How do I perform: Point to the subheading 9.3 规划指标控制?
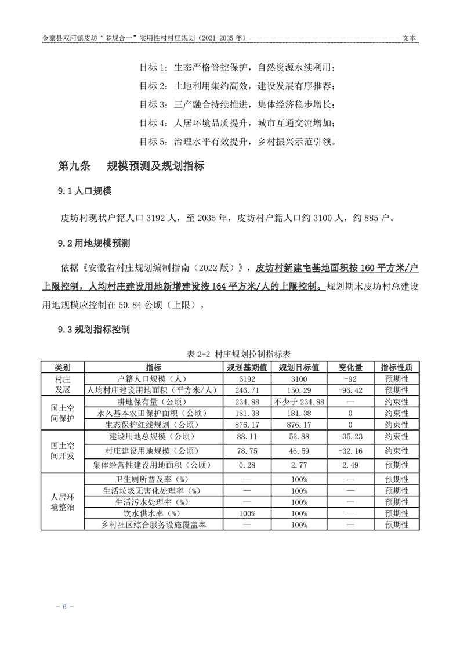(x=94, y=330)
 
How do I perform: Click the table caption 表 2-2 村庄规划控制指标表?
(x=230, y=353)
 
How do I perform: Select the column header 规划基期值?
(x=247, y=368)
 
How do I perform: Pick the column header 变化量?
(x=350, y=368)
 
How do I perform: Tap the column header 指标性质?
(x=397, y=368)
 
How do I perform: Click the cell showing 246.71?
(x=247, y=390)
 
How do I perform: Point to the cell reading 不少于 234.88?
(x=299, y=402)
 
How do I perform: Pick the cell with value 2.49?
(x=350, y=465)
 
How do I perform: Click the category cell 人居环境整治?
(x=62, y=502)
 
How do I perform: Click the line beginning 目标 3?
(x=237, y=105)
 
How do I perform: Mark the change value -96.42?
(x=350, y=390)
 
